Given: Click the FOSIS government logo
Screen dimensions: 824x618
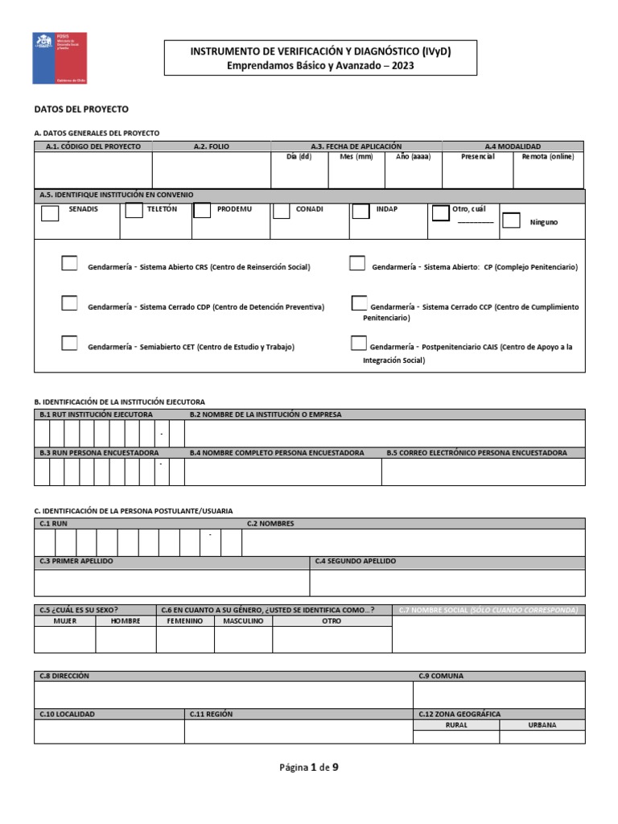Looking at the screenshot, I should point(60,58).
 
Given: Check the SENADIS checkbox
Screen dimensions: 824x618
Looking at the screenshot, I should point(50,213).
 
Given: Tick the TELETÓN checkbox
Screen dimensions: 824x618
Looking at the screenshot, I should point(134,211).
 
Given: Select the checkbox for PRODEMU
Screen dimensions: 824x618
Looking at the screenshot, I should point(202,210).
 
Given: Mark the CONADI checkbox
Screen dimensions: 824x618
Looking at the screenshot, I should point(281,211).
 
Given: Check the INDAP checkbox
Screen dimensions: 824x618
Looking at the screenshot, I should point(360,211).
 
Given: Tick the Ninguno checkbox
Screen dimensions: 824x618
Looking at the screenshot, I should point(511,220).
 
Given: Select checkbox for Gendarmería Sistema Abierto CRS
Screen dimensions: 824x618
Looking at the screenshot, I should point(70,263).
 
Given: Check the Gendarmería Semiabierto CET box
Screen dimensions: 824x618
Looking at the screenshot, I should point(70,344).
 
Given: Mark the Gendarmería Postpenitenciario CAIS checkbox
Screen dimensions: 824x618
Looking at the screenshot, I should point(359,344).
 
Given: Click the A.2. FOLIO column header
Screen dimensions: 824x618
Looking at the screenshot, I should point(212,146).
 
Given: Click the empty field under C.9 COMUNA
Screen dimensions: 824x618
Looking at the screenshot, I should point(499,694).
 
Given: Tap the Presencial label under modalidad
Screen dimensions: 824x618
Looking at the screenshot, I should point(477,157).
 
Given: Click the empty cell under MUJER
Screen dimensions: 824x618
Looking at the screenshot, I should point(64,639).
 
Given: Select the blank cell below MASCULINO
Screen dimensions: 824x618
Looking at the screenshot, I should point(243,639).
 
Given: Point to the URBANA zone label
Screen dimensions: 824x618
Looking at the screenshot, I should point(542,725).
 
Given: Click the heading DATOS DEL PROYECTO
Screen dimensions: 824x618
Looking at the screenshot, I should point(80,109).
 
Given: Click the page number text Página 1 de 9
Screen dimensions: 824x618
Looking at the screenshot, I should point(309,767).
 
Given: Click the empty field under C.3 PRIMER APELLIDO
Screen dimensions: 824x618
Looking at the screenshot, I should point(171,582).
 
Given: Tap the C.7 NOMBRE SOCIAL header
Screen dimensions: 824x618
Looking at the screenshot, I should point(488,610).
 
